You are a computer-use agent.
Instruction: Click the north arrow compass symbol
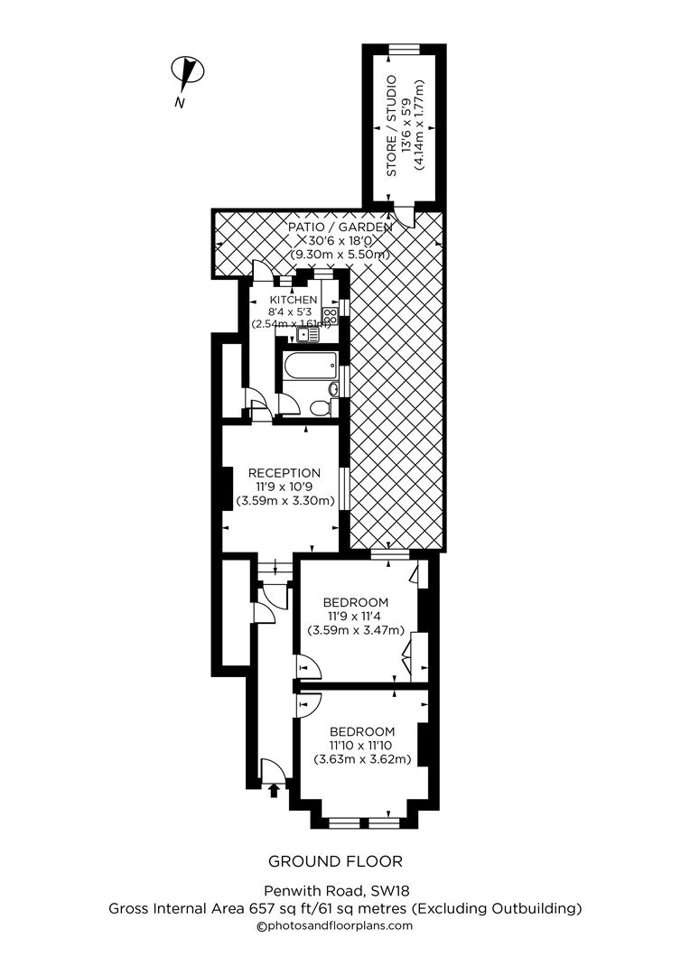coord(188,71)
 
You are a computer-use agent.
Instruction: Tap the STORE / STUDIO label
coord(392,125)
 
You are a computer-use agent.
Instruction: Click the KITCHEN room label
coord(293,300)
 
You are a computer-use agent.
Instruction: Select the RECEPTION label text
coord(284,472)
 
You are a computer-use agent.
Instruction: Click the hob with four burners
coord(331,315)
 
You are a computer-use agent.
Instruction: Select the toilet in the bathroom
coord(320,409)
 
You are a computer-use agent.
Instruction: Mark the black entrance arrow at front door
coord(274,792)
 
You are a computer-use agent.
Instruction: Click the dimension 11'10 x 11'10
coord(361,745)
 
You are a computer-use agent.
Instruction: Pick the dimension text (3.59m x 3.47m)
coord(355,630)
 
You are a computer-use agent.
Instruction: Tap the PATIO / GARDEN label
coord(340,227)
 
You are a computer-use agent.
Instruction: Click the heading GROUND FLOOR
coord(335,861)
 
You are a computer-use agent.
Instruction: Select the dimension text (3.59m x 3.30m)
coord(284,500)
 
